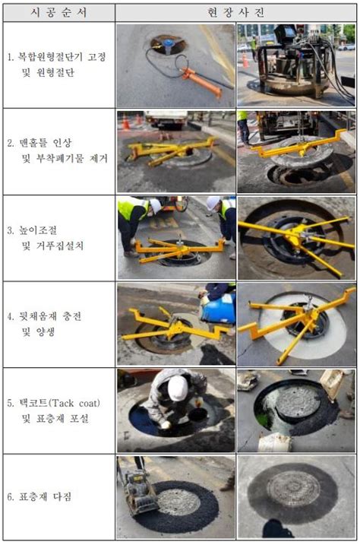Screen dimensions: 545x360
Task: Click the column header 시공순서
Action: click(x=58, y=12)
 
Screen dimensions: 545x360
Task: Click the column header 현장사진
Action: click(x=236, y=12)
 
